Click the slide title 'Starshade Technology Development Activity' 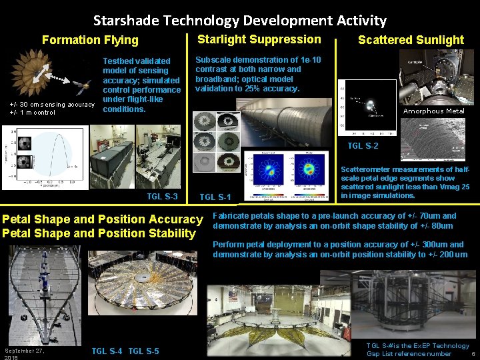[239, 21]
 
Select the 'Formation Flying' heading [90, 40]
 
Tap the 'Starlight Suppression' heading [259, 39]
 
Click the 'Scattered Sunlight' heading [411, 40]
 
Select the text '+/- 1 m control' [33, 113]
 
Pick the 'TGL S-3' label [162, 196]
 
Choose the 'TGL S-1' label [215, 197]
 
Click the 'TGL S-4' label [107, 351]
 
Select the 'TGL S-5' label [143, 351]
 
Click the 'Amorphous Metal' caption [434, 111]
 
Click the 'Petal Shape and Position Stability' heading [99, 233]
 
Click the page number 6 [473, 354]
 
